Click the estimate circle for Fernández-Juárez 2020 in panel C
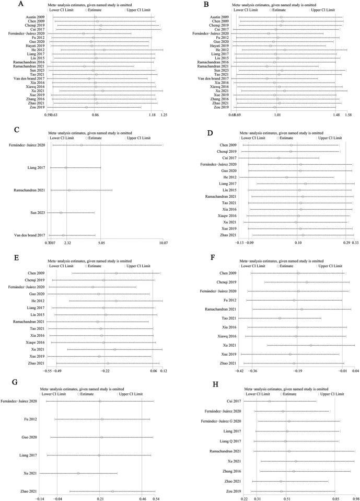pos(81,145)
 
